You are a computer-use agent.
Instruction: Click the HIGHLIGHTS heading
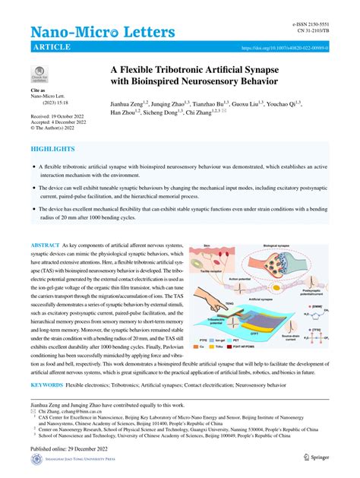point(52,150)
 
